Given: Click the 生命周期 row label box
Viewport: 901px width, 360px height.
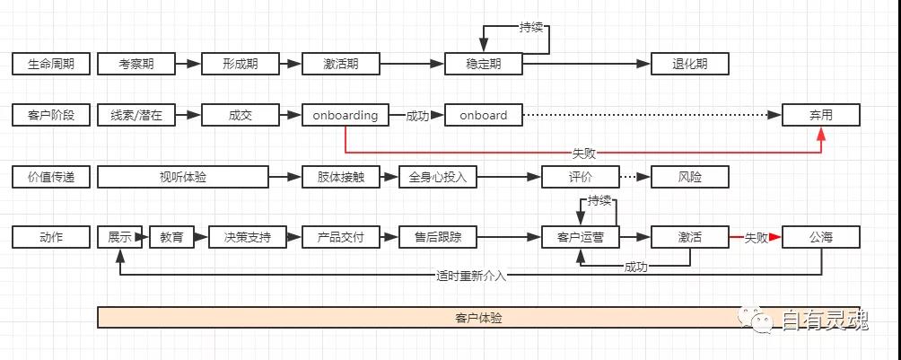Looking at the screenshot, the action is click(x=51, y=64).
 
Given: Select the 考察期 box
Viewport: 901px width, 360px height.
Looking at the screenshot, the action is click(x=136, y=64).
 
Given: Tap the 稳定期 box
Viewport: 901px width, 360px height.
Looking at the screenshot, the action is click(x=483, y=64).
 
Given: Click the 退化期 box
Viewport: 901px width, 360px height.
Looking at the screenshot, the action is click(x=689, y=64).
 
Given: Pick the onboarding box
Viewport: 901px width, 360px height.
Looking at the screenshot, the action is click(x=346, y=115).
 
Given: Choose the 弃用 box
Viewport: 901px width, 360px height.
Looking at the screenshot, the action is click(x=820, y=115).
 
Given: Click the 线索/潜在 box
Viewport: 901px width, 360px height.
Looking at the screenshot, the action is click(x=136, y=115).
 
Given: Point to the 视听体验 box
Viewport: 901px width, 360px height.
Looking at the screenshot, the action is click(x=183, y=177).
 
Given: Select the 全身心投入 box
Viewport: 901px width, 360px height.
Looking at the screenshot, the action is click(x=438, y=177).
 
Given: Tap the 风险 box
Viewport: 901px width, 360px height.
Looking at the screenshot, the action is click(x=689, y=177).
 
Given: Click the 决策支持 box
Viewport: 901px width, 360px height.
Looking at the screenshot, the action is click(x=247, y=237).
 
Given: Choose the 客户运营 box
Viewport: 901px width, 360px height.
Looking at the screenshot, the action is click(x=581, y=237).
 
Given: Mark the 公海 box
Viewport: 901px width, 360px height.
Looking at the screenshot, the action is click(x=820, y=237).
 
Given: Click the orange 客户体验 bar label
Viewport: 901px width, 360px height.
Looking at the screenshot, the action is click(x=478, y=318).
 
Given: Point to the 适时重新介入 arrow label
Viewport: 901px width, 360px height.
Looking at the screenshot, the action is click(x=471, y=276).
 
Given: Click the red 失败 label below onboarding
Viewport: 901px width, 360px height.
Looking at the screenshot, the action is click(x=583, y=154).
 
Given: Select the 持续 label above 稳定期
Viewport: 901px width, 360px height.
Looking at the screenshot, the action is click(x=531, y=27).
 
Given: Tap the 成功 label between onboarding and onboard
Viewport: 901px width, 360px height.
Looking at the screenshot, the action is click(x=417, y=115).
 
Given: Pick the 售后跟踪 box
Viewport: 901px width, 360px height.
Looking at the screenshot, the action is click(x=438, y=237).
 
